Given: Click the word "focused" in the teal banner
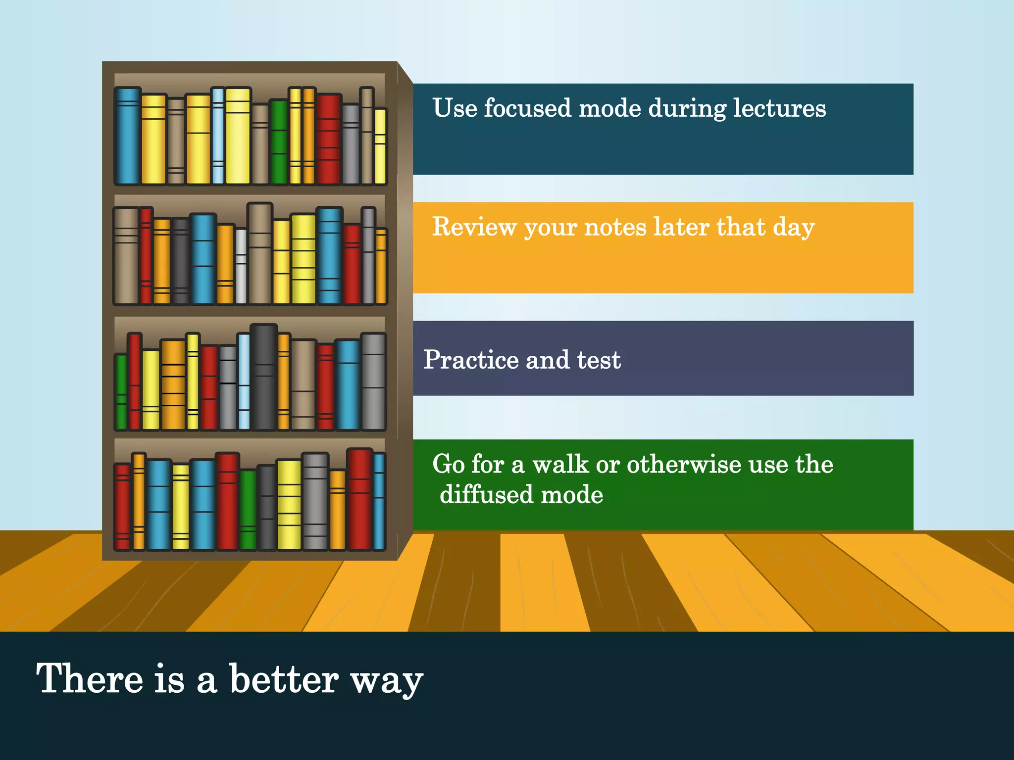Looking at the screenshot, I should pos(527,108).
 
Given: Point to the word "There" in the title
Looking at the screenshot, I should pos(90,679).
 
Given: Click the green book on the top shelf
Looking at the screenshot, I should pos(279,142).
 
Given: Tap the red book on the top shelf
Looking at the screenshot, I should pos(329,139).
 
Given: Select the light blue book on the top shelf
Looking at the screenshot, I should pos(218,136).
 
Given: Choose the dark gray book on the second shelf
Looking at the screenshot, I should pos(180,261).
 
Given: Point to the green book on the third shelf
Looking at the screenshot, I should pos(121,392).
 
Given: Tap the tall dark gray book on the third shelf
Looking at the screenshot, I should pos(263,377).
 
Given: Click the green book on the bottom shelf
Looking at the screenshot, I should pos(248,510).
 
